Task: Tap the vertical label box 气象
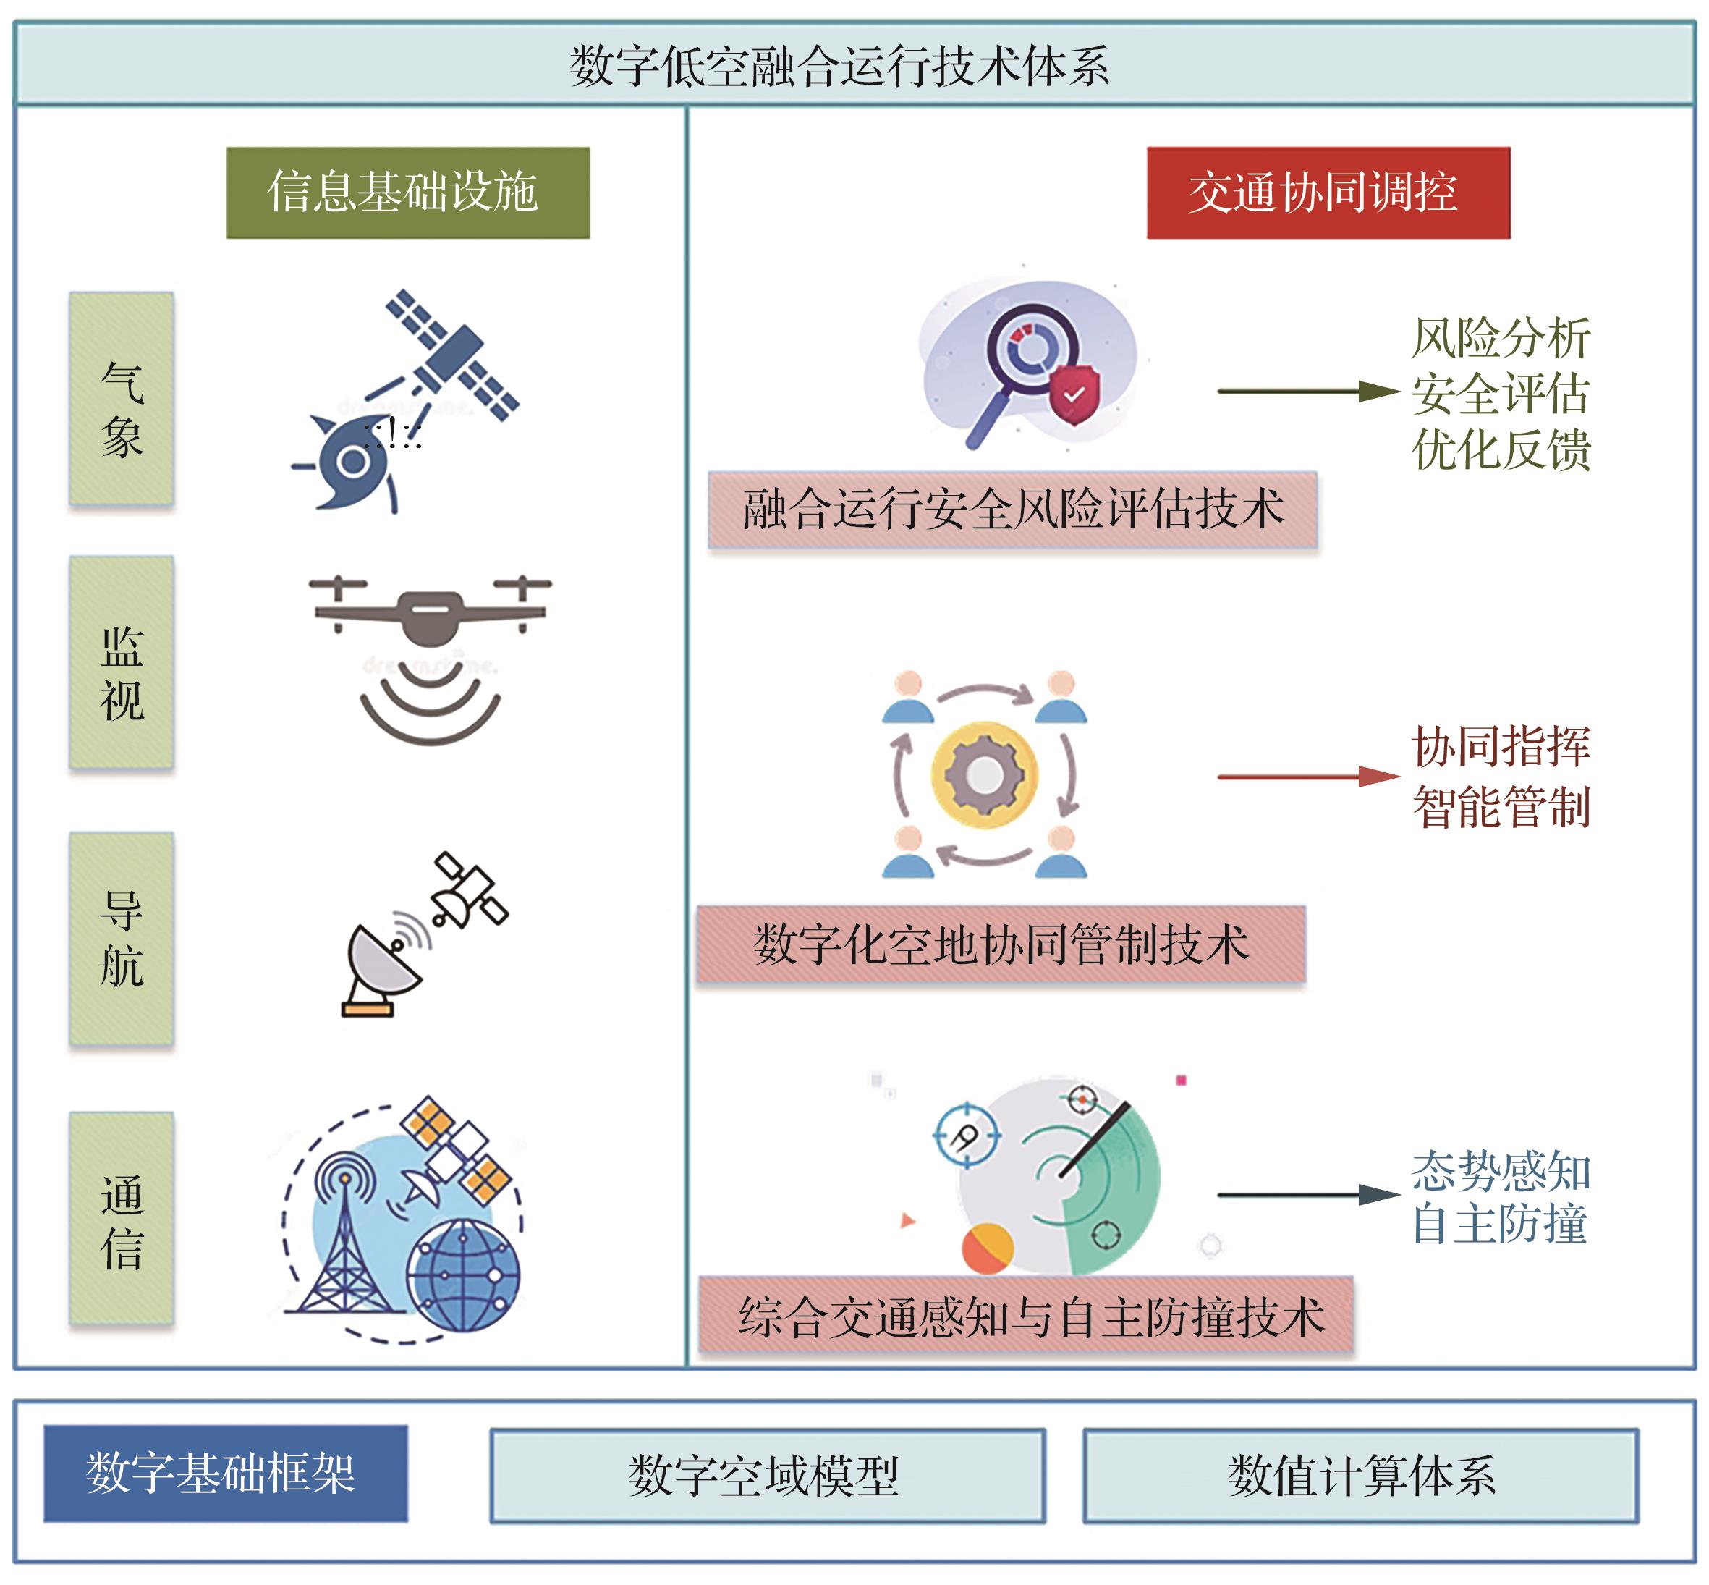point(122,399)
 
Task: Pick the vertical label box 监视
point(122,662)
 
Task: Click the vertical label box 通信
point(122,1218)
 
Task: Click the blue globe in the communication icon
point(463,1275)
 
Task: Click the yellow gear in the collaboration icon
point(985,774)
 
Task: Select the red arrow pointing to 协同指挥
point(1307,777)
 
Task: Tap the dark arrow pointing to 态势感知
point(1307,1195)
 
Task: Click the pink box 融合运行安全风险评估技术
point(1012,510)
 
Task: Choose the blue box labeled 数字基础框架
point(226,1474)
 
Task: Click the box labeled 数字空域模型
point(767,1475)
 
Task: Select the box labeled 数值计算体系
point(1360,1475)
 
